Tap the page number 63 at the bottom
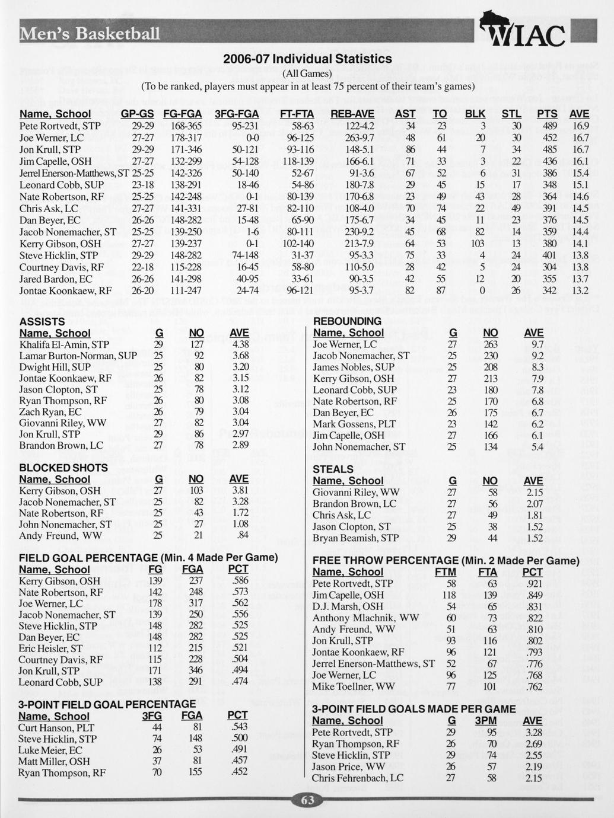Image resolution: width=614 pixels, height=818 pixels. tap(307, 800)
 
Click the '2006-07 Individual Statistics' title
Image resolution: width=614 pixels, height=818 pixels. tap(307, 59)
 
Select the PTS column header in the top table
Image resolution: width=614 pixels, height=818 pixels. tap(546, 114)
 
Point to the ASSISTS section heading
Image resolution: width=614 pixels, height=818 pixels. tap(42, 321)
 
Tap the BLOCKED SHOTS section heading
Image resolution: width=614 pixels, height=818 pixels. tap(63, 468)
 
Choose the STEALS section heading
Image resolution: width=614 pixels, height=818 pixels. tap(333, 469)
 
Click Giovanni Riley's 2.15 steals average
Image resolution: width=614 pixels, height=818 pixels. tap(534, 492)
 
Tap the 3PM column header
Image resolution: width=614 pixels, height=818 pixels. tap(485, 721)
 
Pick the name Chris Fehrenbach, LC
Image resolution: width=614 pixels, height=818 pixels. tap(358, 778)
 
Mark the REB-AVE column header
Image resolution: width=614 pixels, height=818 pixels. tap(352, 114)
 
